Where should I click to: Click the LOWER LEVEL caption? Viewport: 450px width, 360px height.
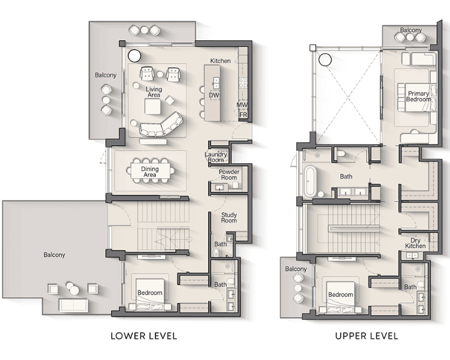[143, 335]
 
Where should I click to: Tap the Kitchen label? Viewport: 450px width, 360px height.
[220, 61]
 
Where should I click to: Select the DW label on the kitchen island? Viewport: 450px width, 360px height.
[214, 95]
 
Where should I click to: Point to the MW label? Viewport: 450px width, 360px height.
[242, 105]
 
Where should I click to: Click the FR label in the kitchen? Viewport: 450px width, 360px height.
[243, 114]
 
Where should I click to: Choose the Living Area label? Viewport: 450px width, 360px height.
[154, 92]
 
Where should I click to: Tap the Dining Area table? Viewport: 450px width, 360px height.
[152, 172]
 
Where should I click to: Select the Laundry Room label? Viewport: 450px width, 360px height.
[215, 157]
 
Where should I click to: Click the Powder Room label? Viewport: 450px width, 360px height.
[229, 175]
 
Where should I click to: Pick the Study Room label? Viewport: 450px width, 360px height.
[229, 218]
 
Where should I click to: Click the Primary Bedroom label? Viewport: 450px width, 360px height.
[418, 97]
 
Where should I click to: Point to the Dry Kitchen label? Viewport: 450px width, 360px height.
[415, 242]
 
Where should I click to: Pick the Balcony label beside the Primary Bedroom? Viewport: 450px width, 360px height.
[411, 30]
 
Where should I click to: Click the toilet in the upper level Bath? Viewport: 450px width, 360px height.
[341, 155]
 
